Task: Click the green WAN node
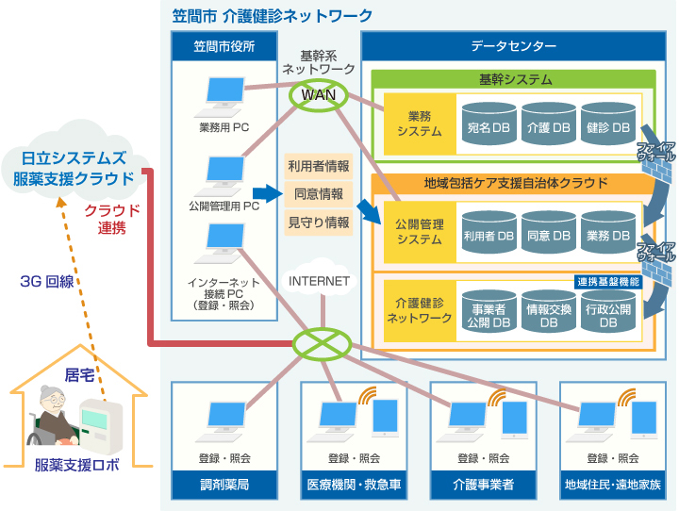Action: point(311,95)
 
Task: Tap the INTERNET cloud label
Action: point(319,280)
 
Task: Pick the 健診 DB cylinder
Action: point(608,124)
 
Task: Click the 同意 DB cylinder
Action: point(549,233)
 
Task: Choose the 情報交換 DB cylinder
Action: point(549,313)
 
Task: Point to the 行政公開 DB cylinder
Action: point(608,313)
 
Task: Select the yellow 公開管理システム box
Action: point(419,232)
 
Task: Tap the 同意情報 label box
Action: point(319,194)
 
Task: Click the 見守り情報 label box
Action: point(319,223)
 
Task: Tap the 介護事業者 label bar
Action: point(483,486)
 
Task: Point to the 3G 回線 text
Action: point(47,281)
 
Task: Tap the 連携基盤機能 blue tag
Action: point(607,281)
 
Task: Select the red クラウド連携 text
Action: point(111,218)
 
